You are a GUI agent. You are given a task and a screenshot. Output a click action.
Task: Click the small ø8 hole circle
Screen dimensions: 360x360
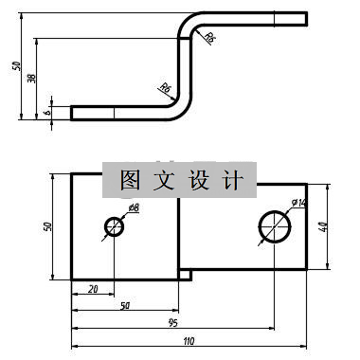[115, 227]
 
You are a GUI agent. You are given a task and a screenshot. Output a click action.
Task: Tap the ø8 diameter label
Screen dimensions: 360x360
[133, 207]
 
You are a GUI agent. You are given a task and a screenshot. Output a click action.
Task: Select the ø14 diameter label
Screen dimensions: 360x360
[297, 203]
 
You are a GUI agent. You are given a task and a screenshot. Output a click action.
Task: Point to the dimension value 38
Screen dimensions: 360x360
[30, 79]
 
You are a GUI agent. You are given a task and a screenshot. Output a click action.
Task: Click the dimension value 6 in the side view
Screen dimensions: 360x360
[47, 111]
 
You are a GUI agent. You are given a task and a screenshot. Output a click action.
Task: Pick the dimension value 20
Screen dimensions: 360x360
[92, 289]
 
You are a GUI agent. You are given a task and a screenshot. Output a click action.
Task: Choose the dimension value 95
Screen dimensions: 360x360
[172, 322]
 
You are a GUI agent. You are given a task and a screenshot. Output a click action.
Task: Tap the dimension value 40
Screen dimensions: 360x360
[322, 226]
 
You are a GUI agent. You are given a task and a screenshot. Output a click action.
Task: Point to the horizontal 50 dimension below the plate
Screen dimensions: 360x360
[124, 305]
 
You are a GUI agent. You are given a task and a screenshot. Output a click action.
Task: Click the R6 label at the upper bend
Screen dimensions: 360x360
[209, 37]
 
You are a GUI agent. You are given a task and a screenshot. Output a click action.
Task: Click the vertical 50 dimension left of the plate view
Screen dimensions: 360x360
[48, 226]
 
